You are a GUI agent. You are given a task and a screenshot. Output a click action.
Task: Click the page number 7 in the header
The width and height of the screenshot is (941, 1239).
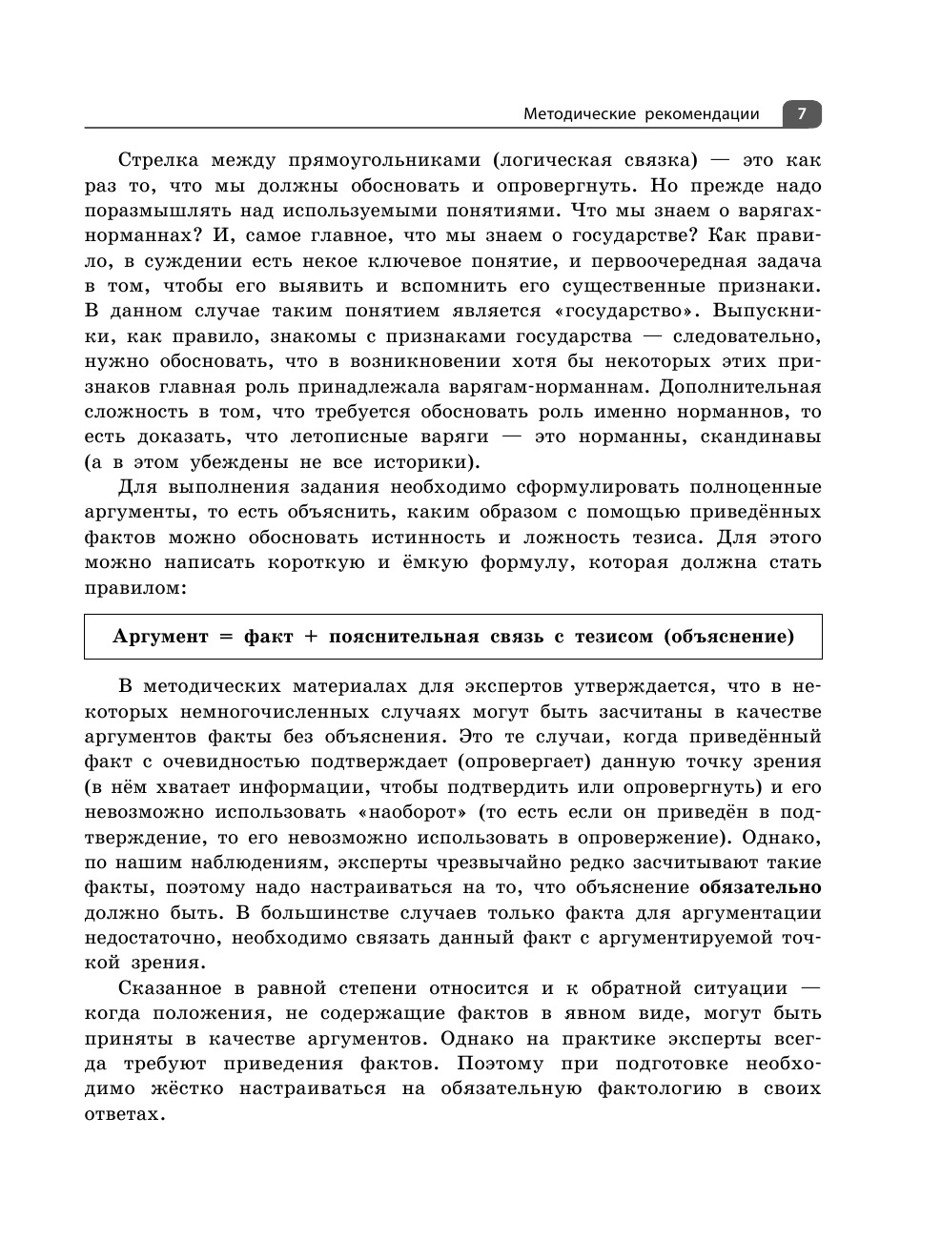click(x=802, y=114)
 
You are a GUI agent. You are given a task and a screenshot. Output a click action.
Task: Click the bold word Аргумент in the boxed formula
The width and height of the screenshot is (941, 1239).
click(x=160, y=637)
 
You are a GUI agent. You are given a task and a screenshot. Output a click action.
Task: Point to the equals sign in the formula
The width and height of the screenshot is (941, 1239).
click(x=226, y=637)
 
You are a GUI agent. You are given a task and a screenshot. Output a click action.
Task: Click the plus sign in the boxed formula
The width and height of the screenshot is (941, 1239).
click(x=309, y=637)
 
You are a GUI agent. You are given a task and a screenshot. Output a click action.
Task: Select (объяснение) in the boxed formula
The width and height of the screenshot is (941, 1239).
click(x=728, y=637)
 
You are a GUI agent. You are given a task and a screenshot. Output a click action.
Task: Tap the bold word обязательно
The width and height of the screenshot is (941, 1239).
click(x=760, y=887)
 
